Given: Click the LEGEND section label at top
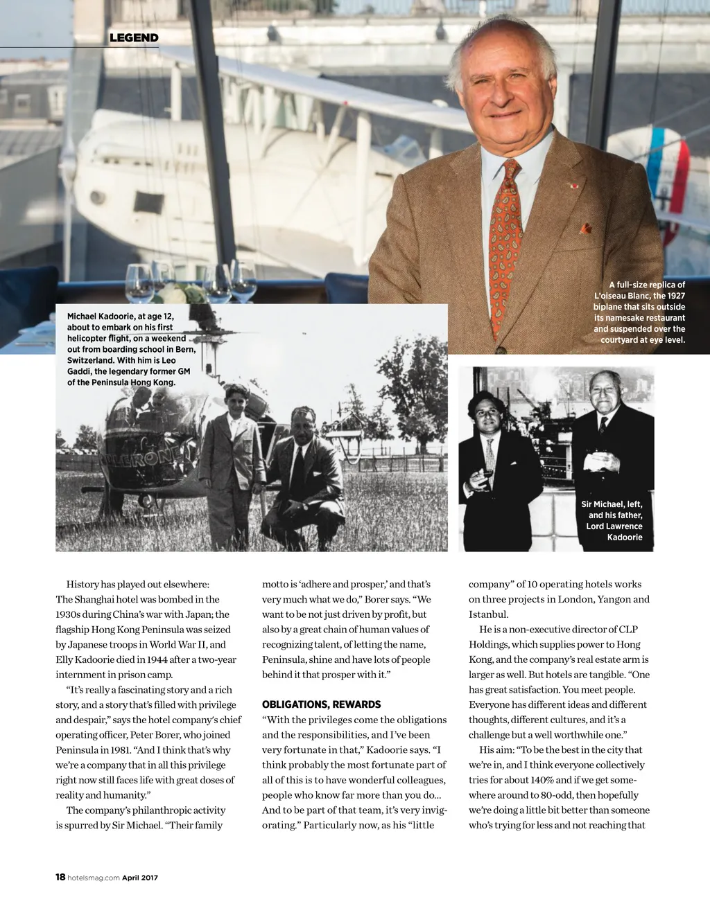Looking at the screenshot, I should click(134, 37).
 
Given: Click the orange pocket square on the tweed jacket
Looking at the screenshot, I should click(586, 228).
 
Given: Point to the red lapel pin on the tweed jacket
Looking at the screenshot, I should click(573, 185).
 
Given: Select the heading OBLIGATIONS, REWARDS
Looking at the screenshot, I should click(321, 704).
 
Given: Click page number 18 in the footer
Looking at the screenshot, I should click(60, 877).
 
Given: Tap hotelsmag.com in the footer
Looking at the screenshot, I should click(94, 878).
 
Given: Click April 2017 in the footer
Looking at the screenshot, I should click(140, 878).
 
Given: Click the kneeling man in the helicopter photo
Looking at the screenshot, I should click(304, 478).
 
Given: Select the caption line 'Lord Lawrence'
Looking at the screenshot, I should click(614, 526).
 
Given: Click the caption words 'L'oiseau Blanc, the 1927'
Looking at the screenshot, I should click(639, 296).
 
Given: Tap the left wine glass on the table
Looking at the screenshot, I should click(139, 282).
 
